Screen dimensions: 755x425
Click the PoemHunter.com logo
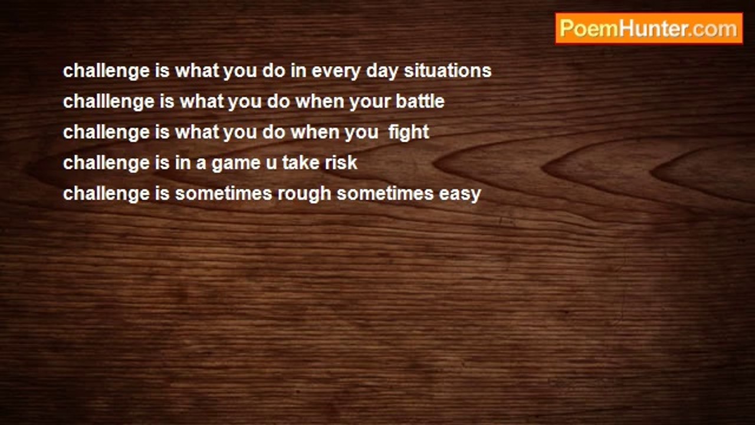[x=649, y=29]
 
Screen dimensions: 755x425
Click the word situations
[x=448, y=71]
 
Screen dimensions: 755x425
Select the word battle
[x=420, y=102]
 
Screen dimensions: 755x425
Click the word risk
[x=341, y=163]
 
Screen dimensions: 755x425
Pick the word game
[x=236, y=164]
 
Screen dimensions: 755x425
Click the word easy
[x=459, y=195]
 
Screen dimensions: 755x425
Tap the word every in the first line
[x=336, y=72]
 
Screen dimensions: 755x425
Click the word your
[x=370, y=103]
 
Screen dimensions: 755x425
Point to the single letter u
[x=271, y=164]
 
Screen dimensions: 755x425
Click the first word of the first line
[x=106, y=71]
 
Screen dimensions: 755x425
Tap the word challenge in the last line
[x=106, y=194]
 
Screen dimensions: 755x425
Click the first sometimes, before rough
[x=224, y=194]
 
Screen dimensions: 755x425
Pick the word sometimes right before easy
[x=385, y=194]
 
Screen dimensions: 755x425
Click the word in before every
[x=298, y=71]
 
